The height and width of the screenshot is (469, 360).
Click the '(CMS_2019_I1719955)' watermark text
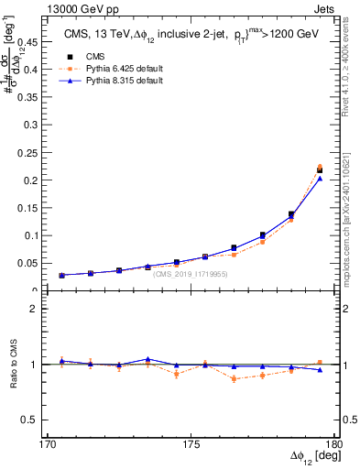[190, 274]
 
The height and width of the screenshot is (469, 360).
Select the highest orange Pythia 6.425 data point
[320, 167]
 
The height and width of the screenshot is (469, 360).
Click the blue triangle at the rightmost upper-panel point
[320, 179]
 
